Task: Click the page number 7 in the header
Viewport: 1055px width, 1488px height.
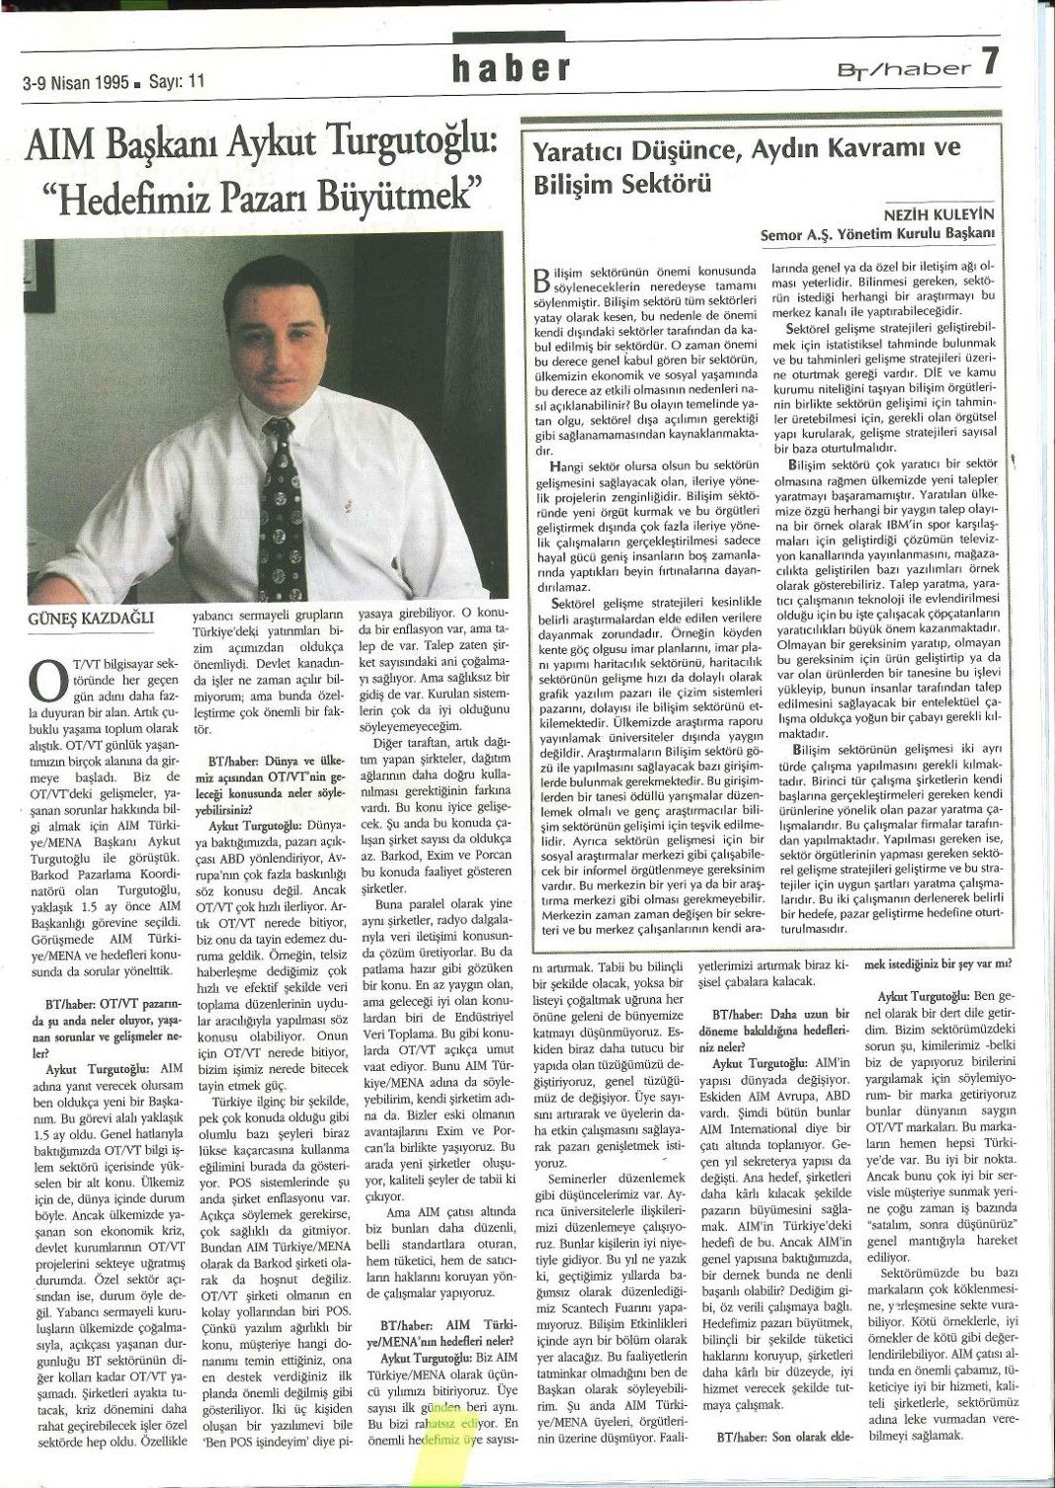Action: pyautogui.click(x=991, y=65)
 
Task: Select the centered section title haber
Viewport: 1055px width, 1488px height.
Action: pyautogui.click(x=511, y=67)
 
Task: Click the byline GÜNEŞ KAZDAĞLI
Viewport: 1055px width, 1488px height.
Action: pyautogui.click(x=80, y=620)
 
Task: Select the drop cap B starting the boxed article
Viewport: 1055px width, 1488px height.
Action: pyautogui.click(x=540, y=279)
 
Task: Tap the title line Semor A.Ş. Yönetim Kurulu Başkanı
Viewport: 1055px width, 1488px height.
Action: pyautogui.click(x=876, y=234)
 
